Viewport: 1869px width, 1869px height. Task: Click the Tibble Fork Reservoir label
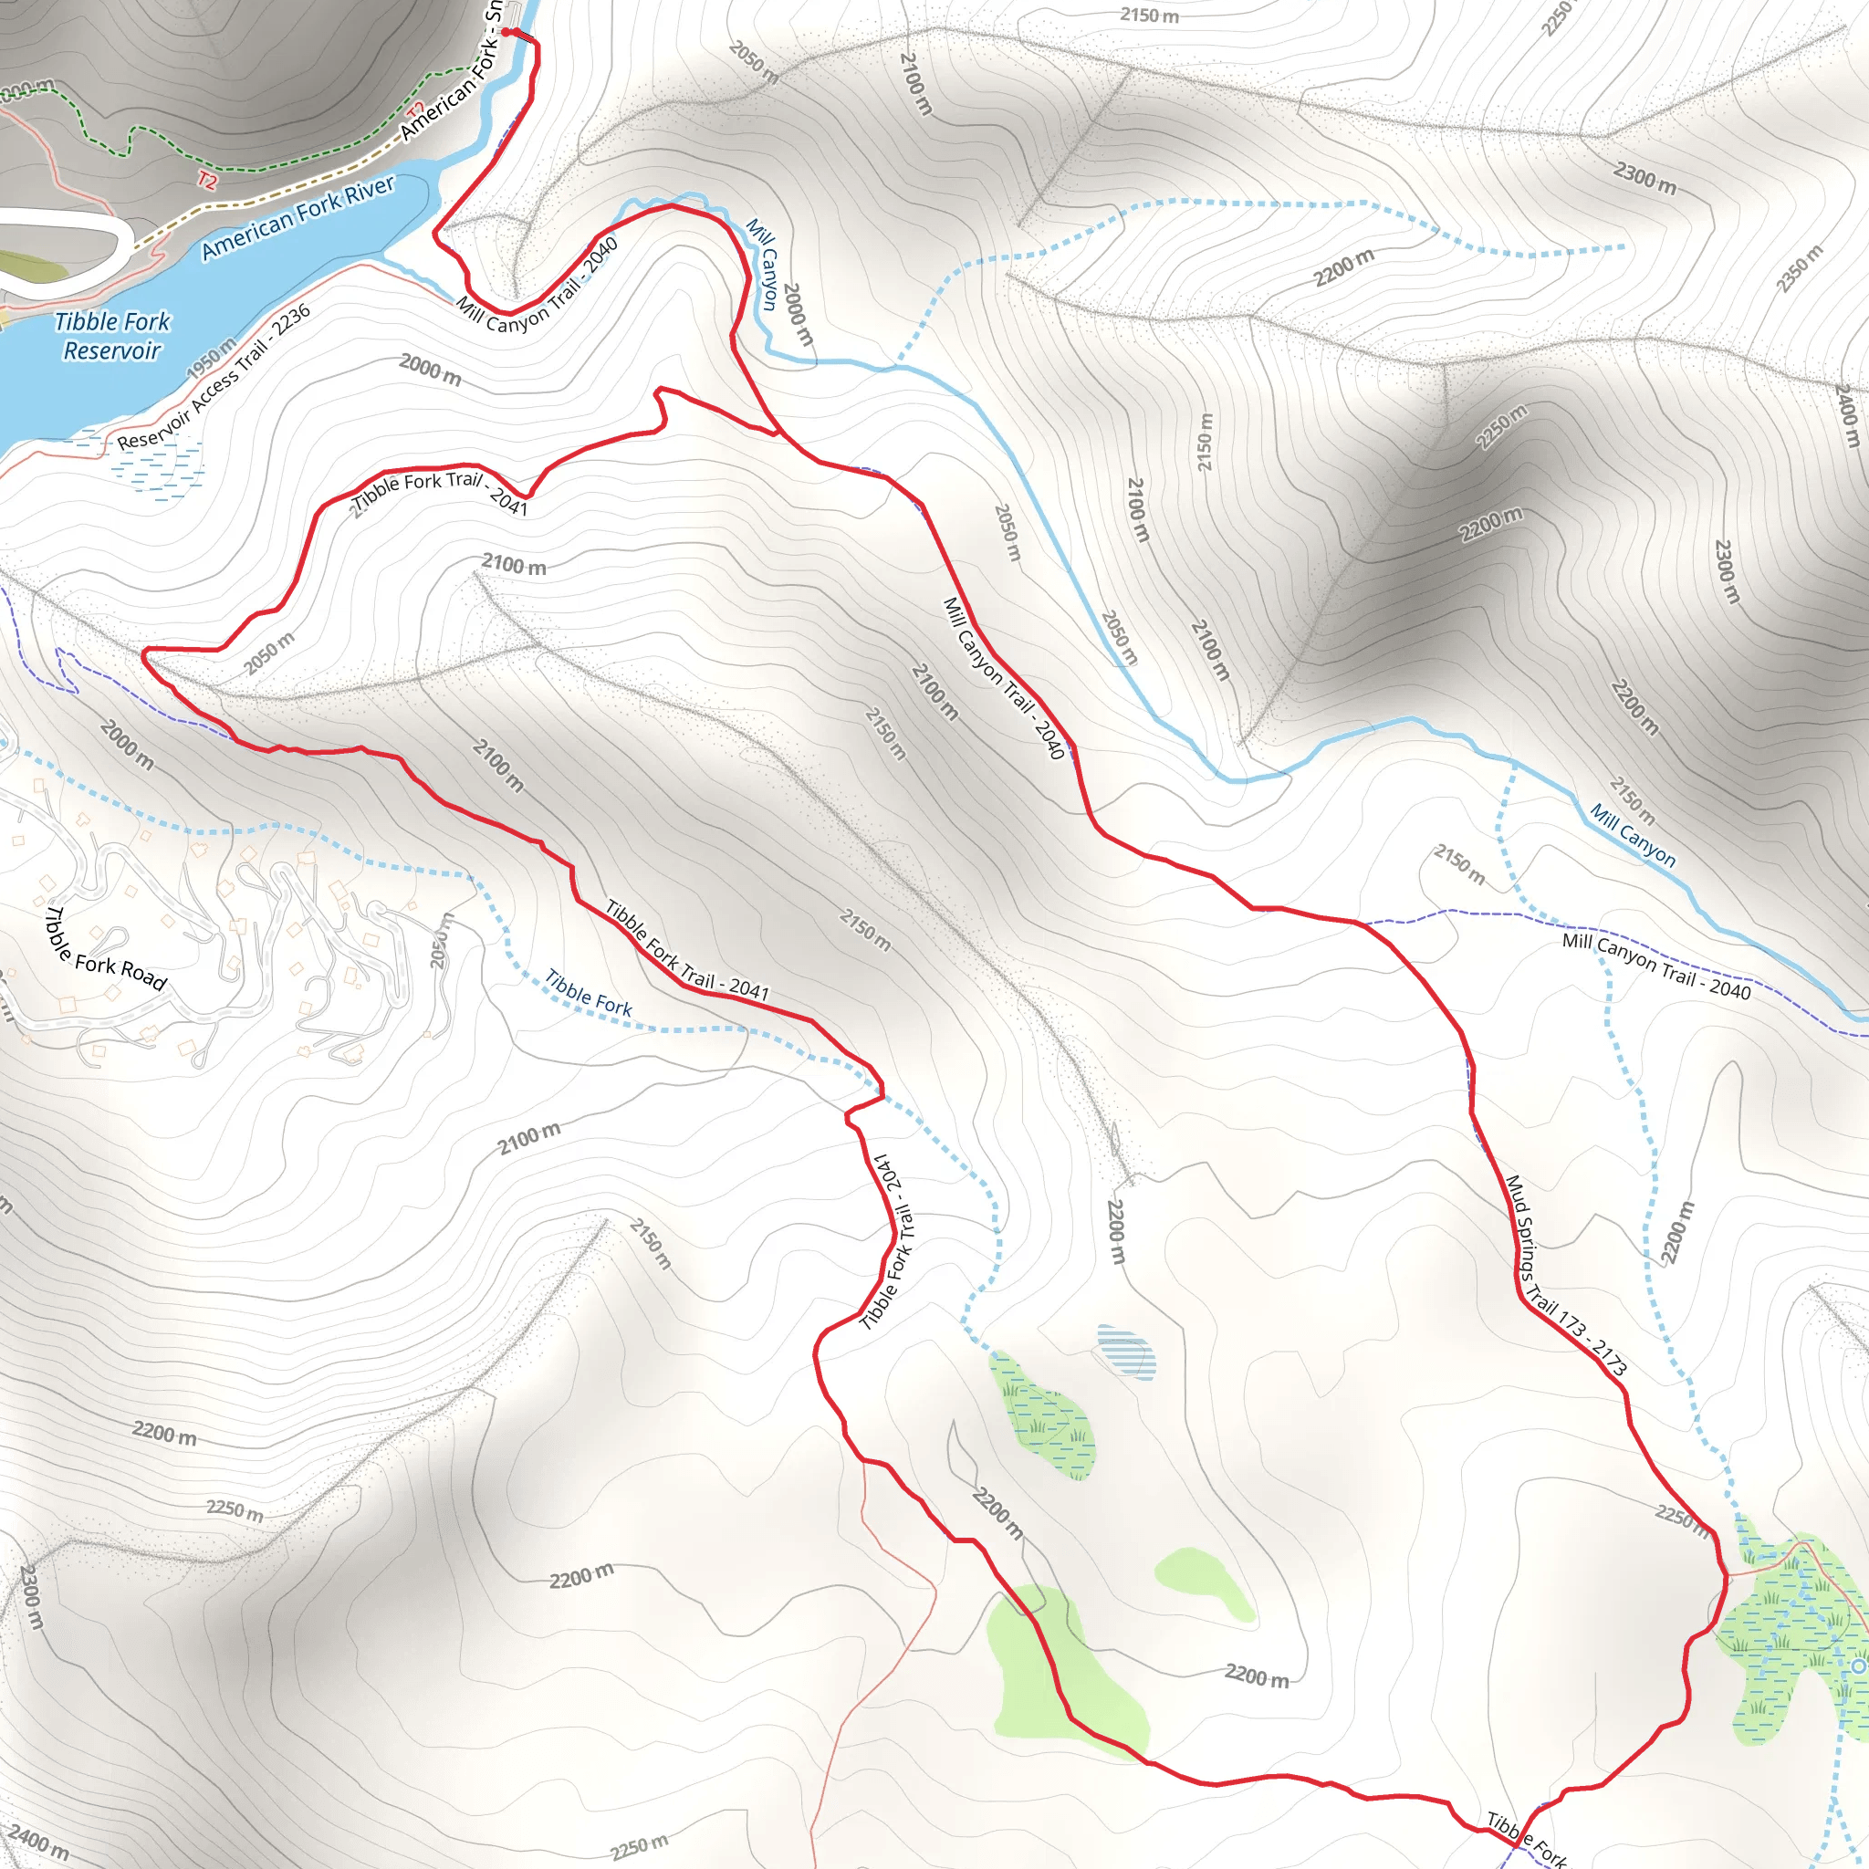coord(112,335)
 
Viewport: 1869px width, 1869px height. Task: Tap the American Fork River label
coord(298,218)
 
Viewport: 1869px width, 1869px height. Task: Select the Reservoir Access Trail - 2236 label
coord(214,377)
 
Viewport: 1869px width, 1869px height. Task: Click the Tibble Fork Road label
coord(107,949)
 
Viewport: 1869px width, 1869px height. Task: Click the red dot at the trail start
coord(505,32)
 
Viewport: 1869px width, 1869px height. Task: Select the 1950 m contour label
coord(211,358)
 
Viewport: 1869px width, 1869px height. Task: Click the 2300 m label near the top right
coord(1645,177)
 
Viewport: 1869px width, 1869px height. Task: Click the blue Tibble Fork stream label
coord(589,994)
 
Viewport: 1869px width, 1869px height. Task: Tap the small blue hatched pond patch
coord(1126,1351)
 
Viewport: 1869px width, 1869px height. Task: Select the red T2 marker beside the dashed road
coord(207,180)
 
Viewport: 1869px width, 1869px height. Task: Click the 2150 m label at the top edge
coord(1149,16)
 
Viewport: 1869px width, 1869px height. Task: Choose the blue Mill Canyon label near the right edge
coord(1633,834)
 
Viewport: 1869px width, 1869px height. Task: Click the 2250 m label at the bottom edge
coord(639,1846)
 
